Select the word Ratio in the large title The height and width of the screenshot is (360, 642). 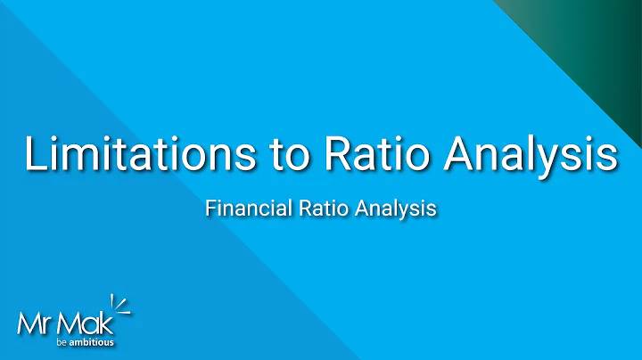tap(365, 153)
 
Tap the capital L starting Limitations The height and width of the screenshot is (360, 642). tap(36, 153)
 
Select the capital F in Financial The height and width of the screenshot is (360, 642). tap(210, 209)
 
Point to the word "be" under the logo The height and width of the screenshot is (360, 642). tap(61, 342)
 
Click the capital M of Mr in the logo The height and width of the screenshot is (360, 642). tap(28, 322)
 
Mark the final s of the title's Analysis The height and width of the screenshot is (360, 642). tap(606, 154)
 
